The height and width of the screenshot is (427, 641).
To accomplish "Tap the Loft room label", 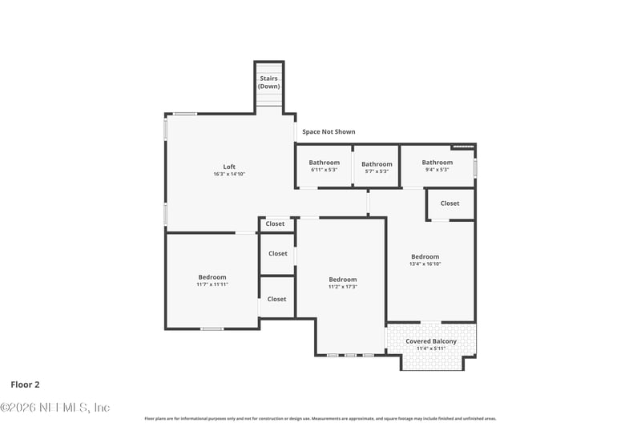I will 229,167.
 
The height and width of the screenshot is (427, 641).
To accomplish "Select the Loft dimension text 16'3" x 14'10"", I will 229,174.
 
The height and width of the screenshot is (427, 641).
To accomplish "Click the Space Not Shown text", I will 329,131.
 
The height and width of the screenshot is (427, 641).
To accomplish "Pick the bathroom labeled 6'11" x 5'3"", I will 324,166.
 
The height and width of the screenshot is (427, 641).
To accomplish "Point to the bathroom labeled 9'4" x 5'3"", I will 437,166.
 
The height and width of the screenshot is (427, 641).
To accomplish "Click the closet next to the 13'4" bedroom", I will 450,203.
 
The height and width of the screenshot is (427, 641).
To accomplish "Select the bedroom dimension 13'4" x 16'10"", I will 425,264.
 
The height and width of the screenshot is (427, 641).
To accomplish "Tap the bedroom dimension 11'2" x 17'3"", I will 342,287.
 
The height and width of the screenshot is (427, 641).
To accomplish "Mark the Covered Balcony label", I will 431,341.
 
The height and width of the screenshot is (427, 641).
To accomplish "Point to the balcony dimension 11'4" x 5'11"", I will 431,348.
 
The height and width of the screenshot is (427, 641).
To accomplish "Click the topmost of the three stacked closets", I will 275,224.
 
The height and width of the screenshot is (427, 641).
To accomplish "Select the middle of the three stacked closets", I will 277,253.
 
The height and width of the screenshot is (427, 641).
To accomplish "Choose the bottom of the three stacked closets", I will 276,299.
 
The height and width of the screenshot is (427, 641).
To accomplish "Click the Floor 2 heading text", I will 25,385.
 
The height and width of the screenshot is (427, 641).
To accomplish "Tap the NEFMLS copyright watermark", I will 54,408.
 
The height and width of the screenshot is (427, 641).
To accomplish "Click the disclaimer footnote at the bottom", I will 320,418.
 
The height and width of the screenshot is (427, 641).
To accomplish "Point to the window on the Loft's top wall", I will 186,114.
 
